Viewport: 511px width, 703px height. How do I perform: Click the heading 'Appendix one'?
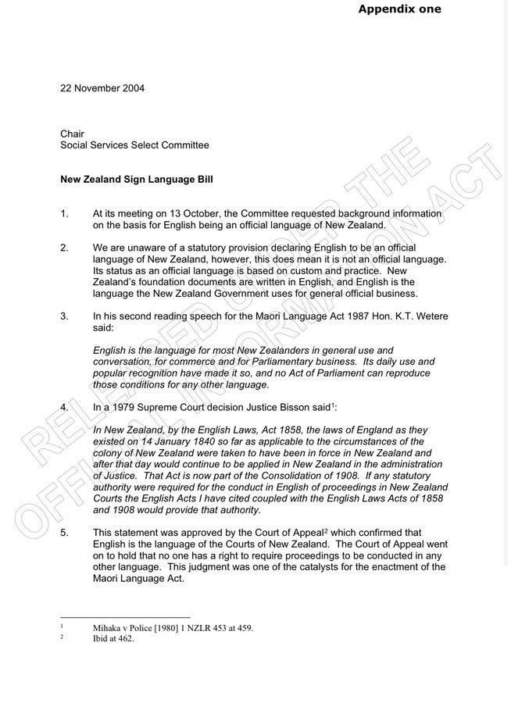click(x=398, y=9)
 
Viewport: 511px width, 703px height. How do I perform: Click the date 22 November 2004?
click(x=102, y=87)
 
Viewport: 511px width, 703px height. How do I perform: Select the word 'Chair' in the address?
click(x=73, y=134)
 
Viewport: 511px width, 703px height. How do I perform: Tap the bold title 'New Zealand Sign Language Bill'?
click(x=137, y=179)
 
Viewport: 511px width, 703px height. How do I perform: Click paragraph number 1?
click(x=65, y=213)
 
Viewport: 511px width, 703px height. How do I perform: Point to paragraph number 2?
click(x=65, y=247)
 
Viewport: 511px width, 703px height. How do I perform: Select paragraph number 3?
click(x=65, y=316)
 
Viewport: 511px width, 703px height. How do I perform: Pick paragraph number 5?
click(x=65, y=533)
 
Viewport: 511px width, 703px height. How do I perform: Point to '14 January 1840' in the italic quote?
click(x=152, y=442)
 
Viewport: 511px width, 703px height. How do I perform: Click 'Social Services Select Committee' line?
click(x=134, y=145)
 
